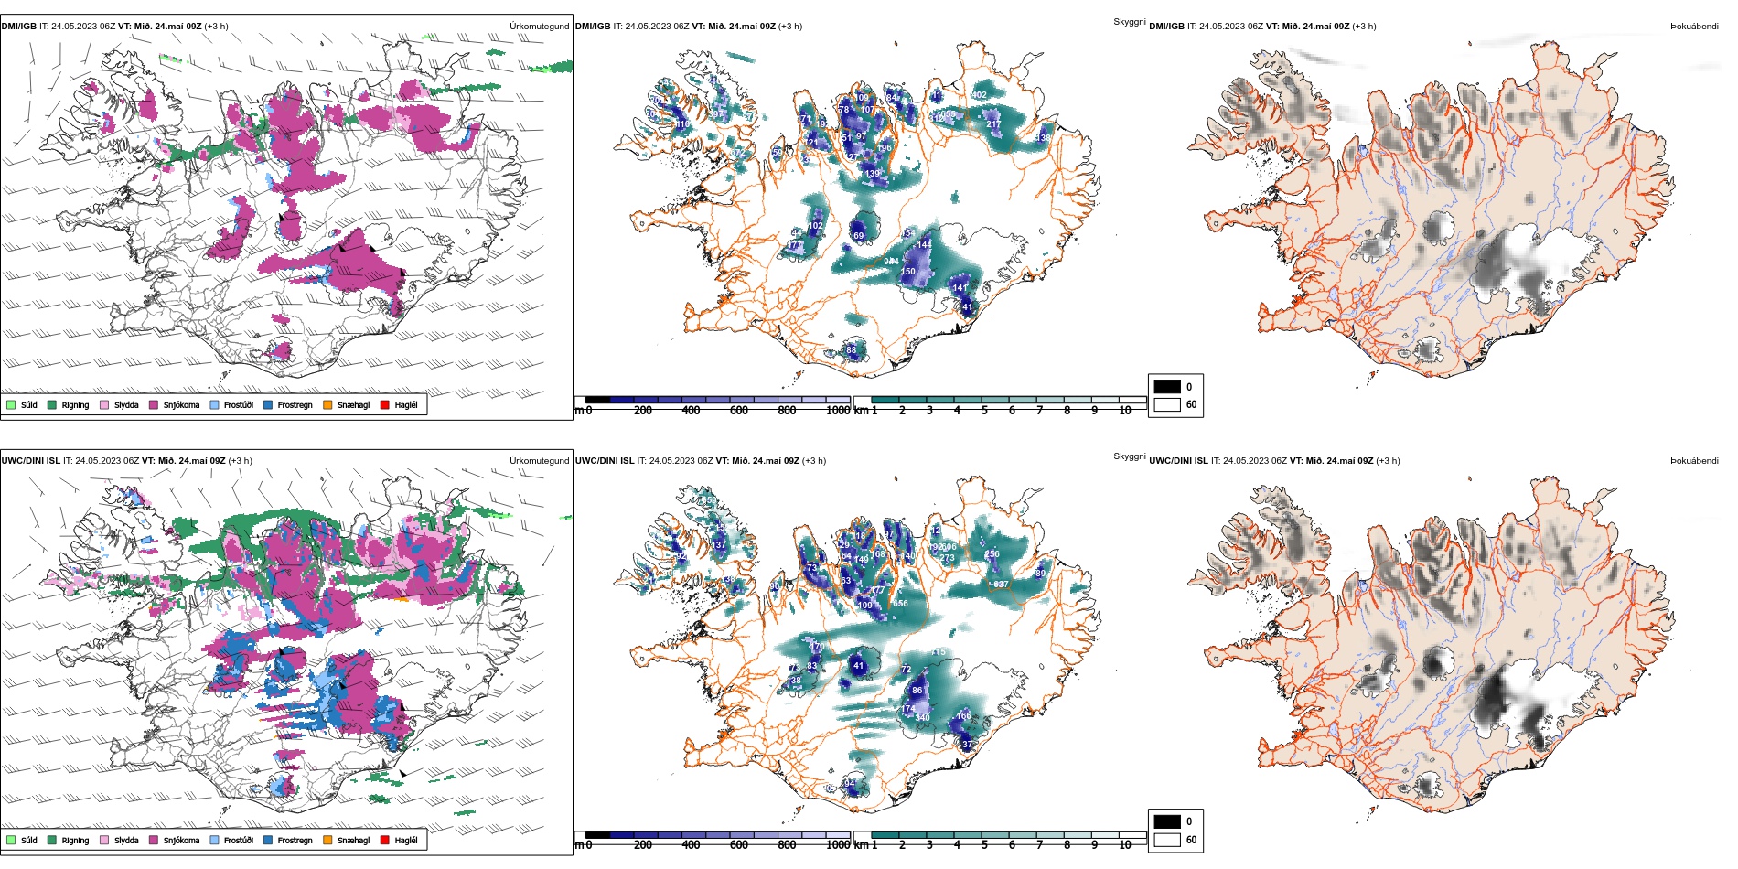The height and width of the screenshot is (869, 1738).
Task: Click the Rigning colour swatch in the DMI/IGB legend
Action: tap(52, 404)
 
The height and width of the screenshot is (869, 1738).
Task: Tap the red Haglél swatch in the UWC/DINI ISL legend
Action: tap(384, 840)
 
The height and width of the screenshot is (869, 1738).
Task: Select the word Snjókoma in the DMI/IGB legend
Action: tap(181, 405)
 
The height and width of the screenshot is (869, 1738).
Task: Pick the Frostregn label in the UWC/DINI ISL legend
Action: tap(295, 841)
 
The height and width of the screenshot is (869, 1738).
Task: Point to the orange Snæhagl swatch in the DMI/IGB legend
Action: tap(327, 404)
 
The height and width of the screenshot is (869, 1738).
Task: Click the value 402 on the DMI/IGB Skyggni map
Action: tap(979, 94)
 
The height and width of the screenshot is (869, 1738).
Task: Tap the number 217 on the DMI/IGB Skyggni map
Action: tap(993, 124)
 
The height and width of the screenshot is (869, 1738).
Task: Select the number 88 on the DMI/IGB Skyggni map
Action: tap(852, 350)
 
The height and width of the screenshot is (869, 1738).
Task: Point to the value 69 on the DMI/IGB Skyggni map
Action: tap(858, 236)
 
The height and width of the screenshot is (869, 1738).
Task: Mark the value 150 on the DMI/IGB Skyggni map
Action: tap(908, 272)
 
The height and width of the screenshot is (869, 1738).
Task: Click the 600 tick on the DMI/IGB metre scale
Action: tap(738, 411)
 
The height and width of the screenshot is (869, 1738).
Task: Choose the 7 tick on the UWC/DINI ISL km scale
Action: tap(1039, 845)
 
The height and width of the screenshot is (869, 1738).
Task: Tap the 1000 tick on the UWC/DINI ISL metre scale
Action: tap(837, 845)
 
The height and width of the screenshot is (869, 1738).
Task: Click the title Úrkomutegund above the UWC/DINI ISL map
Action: tap(539, 461)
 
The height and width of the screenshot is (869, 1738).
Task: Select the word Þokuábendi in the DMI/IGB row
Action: tap(1694, 27)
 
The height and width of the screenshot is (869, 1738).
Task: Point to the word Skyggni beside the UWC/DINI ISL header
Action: tap(1130, 456)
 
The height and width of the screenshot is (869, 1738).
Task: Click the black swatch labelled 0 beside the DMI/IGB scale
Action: tap(1167, 387)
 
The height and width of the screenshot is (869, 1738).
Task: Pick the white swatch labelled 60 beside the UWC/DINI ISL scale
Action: tap(1167, 840)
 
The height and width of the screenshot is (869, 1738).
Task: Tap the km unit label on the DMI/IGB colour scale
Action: tap(861, 411)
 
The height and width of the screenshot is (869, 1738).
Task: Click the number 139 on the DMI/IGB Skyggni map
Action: tap(873, 173)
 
